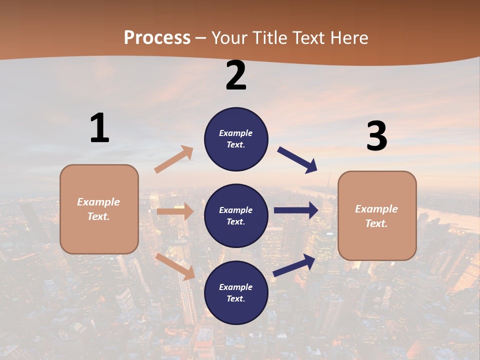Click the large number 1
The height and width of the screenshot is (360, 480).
(x=99, y=128)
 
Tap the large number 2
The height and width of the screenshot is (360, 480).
(x=236, y=75)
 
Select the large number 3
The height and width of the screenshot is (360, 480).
(x=376, y=136)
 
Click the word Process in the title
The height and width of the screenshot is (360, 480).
(x=157, y=38)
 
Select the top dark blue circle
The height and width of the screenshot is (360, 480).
(x=236, y=139)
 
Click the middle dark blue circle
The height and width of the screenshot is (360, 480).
(x=236, y=215)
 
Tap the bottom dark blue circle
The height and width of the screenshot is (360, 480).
(x=236, y=292)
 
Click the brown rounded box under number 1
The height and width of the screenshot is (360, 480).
(x=99, y=209)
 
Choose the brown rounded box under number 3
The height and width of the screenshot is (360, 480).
(x=377, y=216)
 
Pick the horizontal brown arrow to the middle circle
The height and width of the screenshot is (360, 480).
(x=175, y=211)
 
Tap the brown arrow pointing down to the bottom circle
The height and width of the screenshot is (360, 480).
(x=175, y=266)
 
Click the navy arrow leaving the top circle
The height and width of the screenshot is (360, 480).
(x=297, y=160)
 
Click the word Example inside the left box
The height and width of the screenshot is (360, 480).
(x=98, y=202)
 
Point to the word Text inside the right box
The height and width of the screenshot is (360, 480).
(x=376, y=223)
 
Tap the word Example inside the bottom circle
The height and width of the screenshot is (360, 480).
(x=235, y=287)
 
